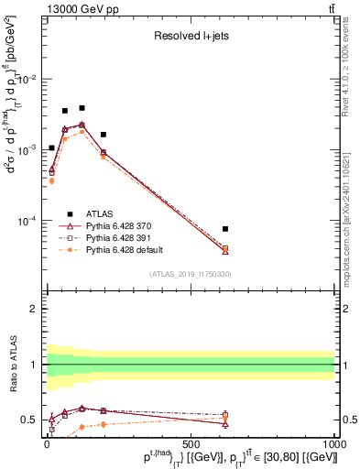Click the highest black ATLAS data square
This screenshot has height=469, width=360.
pyautogui.click(x=82, y=108)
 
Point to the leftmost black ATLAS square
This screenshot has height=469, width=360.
pyautogui.click(x=52, y=147)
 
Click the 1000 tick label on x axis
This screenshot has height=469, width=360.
pyautogui.click(x=333, y=442)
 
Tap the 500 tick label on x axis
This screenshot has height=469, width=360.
pyautogui.click(x=190, y=442)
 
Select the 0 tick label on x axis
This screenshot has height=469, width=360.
pyautogui.click(x=46, y=442)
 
